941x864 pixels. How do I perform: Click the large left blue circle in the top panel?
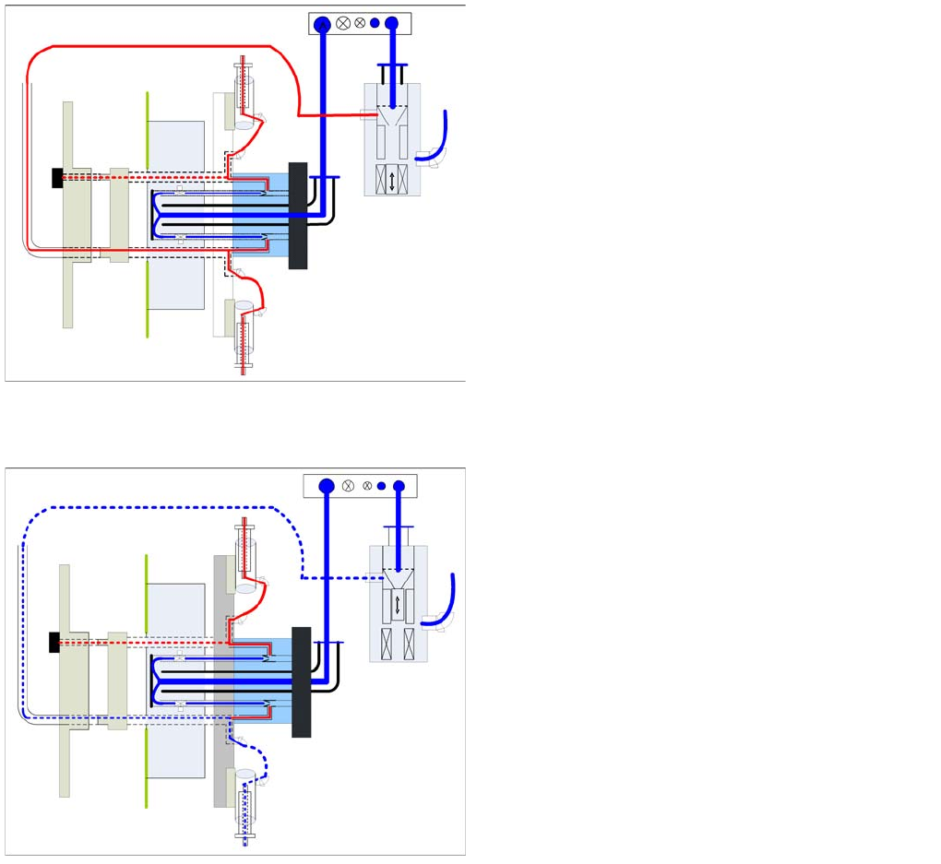pyautogui.click(x=322, y=24)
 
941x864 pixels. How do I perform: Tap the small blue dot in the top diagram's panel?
pyautogui.click(x=375, y=24)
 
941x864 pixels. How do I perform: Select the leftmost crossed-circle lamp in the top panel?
pyautogui.click(x=343, y=24)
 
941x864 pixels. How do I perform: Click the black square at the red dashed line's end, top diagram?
pyautogui.click(x=58, y=177)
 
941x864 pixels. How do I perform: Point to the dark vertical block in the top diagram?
pyautogui.click(x=298, y=216)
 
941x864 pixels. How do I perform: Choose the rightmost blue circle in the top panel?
pyautogui.click(x=391, y=24)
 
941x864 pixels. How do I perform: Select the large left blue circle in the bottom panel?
pyautogui.click(x=326, y=486)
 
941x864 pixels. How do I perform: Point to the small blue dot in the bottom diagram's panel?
pyautogui.click(x=381, y=486)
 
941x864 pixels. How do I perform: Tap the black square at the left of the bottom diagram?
pyautogui.click(x=54, y=642)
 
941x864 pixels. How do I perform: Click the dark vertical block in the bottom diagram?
pyautogui.click(x=301, y=681)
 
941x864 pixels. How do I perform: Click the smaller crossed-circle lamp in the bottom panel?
pyautogui.click(x=367, y=486)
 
